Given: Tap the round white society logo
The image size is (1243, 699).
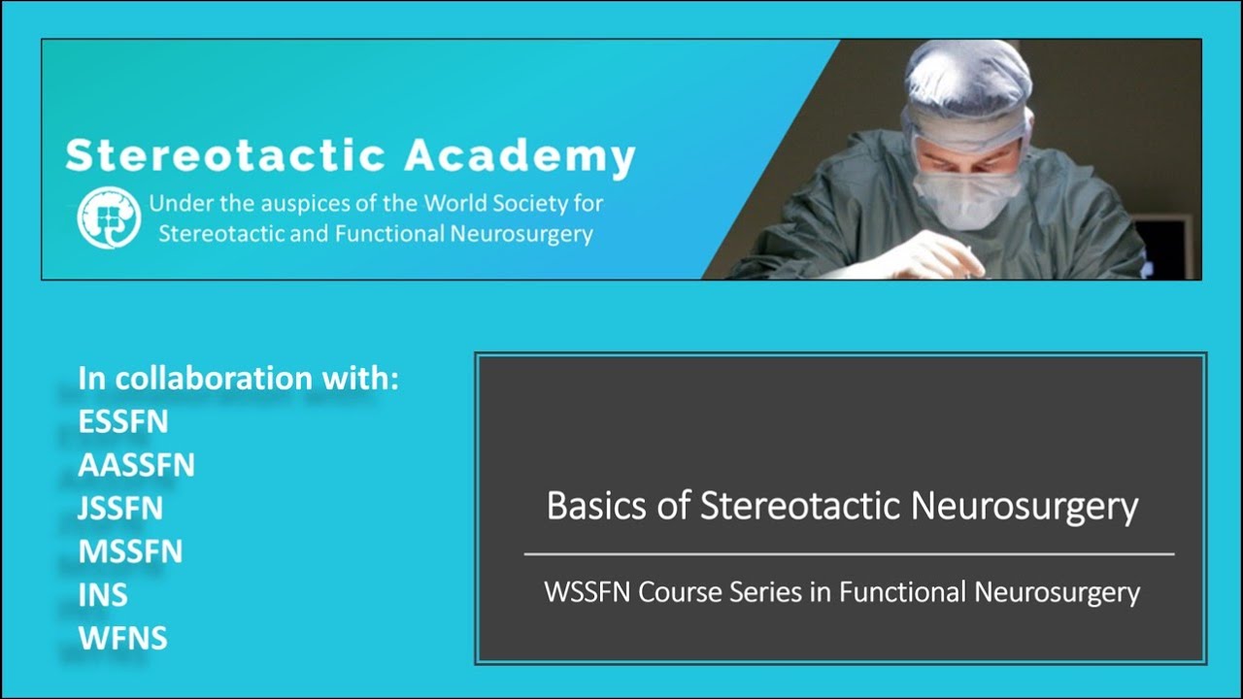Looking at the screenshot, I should point(109,216).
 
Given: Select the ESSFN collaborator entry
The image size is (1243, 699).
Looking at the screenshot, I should point(123,422).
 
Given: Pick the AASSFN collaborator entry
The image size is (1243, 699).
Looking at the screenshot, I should point(136,466).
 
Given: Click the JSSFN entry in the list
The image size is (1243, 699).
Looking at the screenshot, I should point(120,509).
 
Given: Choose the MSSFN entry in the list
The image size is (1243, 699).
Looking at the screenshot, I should point(130,551).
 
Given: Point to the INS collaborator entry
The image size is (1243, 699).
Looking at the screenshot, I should point(102,595).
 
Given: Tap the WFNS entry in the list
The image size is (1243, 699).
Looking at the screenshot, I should point(122,638).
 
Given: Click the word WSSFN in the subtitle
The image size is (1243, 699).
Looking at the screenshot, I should point(588,591).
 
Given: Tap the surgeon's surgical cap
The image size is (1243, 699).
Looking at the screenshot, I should point(965,83).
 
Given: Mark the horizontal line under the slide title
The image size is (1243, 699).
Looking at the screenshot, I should point(849,554).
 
